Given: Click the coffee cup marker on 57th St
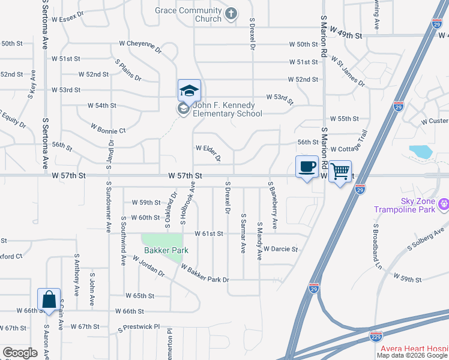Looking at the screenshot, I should (x=307, y=167).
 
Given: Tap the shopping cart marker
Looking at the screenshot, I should (x=340, y=172).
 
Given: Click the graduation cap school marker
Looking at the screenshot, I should (x=189, y=91).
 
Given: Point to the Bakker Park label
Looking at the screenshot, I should (x=165, y=250).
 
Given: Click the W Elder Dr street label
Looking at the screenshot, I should (x=208, y=152).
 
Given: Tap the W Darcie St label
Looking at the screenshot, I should (x=280, y=248).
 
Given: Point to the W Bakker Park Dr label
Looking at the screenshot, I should (x=205, y=275).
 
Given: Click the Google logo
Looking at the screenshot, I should (x=20, y=352).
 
